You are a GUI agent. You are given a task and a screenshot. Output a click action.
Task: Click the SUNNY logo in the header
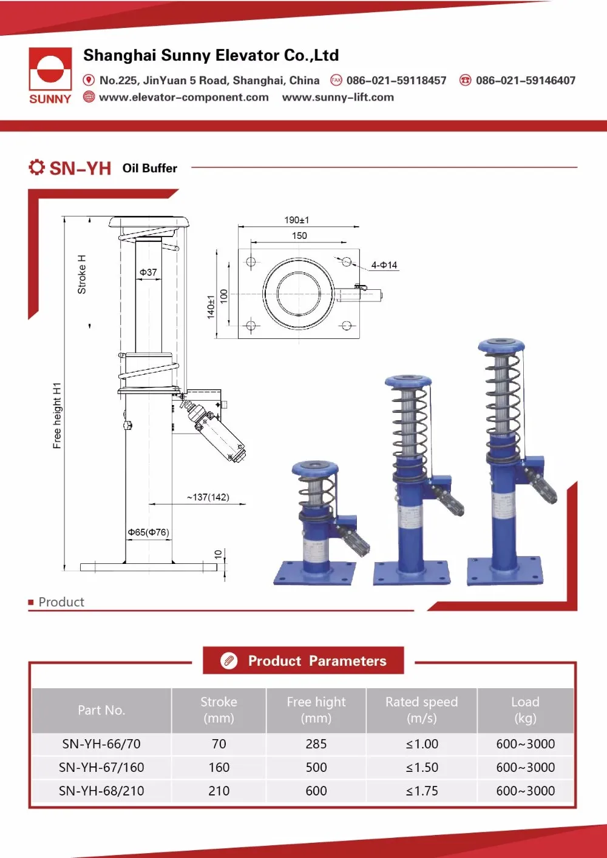pos(50,75)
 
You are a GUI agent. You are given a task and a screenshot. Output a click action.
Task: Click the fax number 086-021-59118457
pos(396,81)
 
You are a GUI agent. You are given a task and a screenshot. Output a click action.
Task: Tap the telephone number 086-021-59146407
pos(525,81)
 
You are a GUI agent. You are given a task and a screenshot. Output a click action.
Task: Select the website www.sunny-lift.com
pos(337,98)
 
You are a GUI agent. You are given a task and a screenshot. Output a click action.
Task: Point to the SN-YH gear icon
pos(36,167)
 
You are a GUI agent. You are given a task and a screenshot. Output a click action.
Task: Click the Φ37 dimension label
pos(148,272)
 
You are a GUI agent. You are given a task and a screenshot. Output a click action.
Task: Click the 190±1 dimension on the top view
pos(297,220)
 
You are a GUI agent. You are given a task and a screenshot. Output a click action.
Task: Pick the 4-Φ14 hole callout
pos(384,265)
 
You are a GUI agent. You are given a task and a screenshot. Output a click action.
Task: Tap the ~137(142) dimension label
pos(208,497)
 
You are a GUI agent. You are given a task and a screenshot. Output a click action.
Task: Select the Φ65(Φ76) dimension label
pos(148,532)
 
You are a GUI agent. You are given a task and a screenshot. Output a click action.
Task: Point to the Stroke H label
pos(82,275)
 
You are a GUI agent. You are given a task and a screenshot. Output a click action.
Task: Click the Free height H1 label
pos(57,415)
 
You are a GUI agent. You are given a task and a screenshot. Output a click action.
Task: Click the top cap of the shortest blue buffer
pos(314,468)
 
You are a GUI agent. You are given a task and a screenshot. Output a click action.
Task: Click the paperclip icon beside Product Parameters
pos(229,660)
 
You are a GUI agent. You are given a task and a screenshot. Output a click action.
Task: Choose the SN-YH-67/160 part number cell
pos(101,767)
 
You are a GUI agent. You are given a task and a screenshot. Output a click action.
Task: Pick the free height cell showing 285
pos(316,744)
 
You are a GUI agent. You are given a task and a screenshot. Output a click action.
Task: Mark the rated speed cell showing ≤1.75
pos(421,791)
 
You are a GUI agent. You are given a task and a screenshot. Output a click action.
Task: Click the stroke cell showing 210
pos(219,791)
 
